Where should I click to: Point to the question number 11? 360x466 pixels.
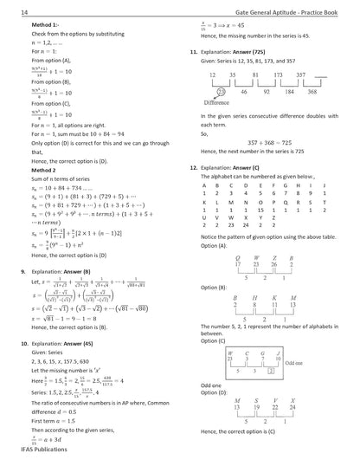click(x=193, y=52)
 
